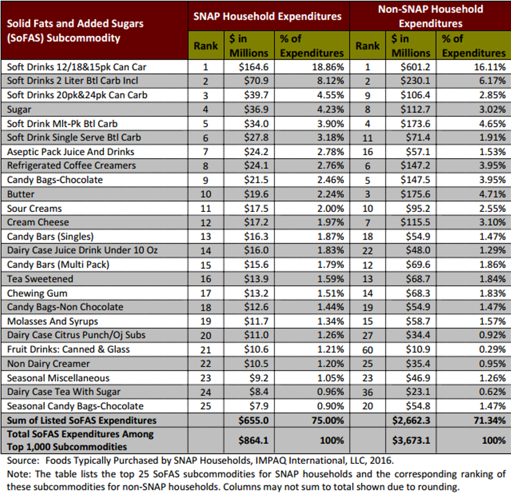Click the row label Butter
pos(21,194)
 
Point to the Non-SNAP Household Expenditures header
pos(430,16)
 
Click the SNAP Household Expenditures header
pos(267,16)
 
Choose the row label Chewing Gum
pos(37,293)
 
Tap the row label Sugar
pos(19,109)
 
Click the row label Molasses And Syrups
pos(52,321)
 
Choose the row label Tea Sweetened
pos(40,279)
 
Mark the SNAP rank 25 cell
pos(205,406)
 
